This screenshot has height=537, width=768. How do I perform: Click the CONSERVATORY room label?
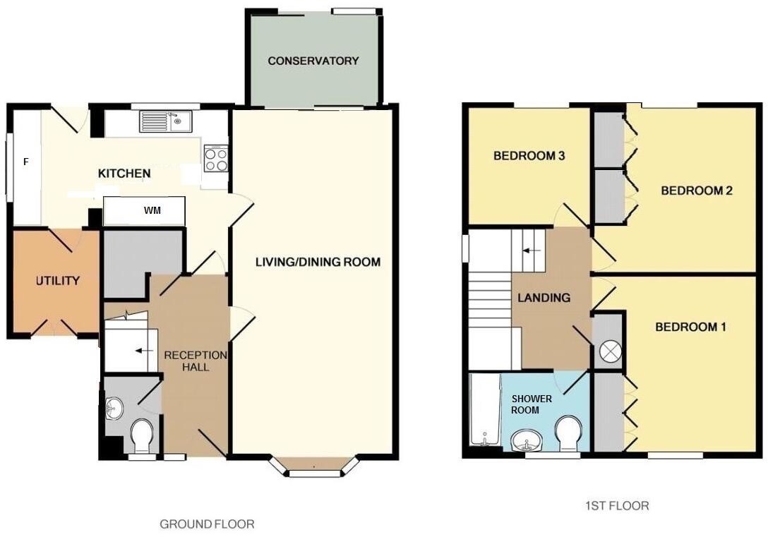[313, 61]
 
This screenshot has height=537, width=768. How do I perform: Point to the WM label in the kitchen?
[151, 210]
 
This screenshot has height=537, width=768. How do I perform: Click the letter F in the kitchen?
[26, 162]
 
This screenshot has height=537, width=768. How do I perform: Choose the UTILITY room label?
[58, 281]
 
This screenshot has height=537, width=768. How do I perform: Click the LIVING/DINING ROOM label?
[318, 263]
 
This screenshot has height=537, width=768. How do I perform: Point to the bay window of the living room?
[315, 469]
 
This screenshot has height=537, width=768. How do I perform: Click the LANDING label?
[544, 298]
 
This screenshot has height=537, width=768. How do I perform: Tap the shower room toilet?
[568, 432]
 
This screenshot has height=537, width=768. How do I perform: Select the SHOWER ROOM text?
[533, 404]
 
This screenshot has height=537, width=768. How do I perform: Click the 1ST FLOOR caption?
[617, 505]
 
